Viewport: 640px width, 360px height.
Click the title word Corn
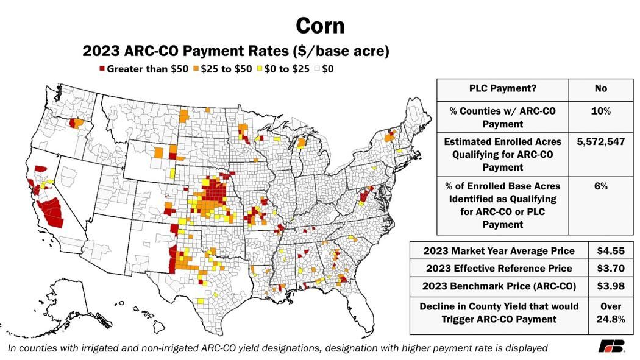(320, 26)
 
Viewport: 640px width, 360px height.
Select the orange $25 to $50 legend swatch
(196, 69)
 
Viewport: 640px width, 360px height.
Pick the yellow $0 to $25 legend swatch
(260, 69)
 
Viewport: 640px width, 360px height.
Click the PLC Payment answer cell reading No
(600, 88)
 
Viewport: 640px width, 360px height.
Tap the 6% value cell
(600, 185)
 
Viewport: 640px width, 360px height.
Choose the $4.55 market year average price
(609, 251)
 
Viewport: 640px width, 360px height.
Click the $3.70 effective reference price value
(609, 269)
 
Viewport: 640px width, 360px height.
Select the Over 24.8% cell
(609, 313)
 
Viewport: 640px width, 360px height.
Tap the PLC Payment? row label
(502, 88)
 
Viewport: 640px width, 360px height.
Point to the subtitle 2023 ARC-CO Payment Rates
(235, 51)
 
